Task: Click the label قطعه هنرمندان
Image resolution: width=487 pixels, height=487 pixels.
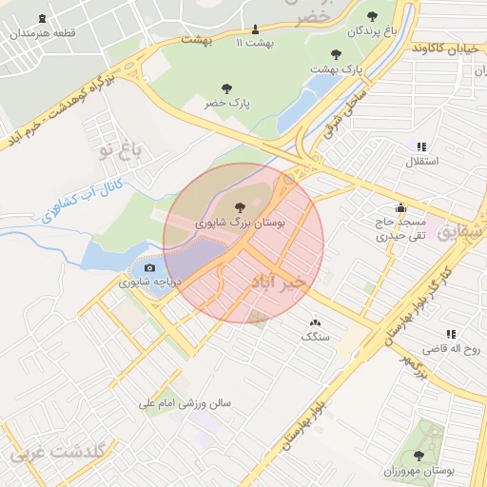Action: [42, 33]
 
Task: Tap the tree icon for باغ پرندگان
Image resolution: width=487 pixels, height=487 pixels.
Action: [372, 16]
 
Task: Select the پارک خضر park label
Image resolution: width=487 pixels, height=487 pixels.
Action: [225, 103]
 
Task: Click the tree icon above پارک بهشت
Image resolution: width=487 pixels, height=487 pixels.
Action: [335, 54]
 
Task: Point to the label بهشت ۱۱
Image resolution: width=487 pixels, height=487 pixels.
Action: [254, 43]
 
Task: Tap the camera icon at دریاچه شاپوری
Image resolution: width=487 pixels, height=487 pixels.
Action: [149, 267]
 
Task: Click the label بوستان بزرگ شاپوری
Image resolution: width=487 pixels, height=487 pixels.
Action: [240, 221]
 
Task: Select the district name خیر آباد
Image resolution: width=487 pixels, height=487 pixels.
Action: [281, 282]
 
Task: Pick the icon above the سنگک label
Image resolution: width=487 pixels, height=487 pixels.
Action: [315, 322]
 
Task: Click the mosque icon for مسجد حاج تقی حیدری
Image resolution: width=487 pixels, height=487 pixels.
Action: [400, 207]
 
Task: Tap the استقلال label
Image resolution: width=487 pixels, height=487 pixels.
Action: [422, 162]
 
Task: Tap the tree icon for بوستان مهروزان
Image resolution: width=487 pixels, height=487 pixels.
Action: [419, 456]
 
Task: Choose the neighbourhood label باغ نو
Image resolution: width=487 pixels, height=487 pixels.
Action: [118, 148]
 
